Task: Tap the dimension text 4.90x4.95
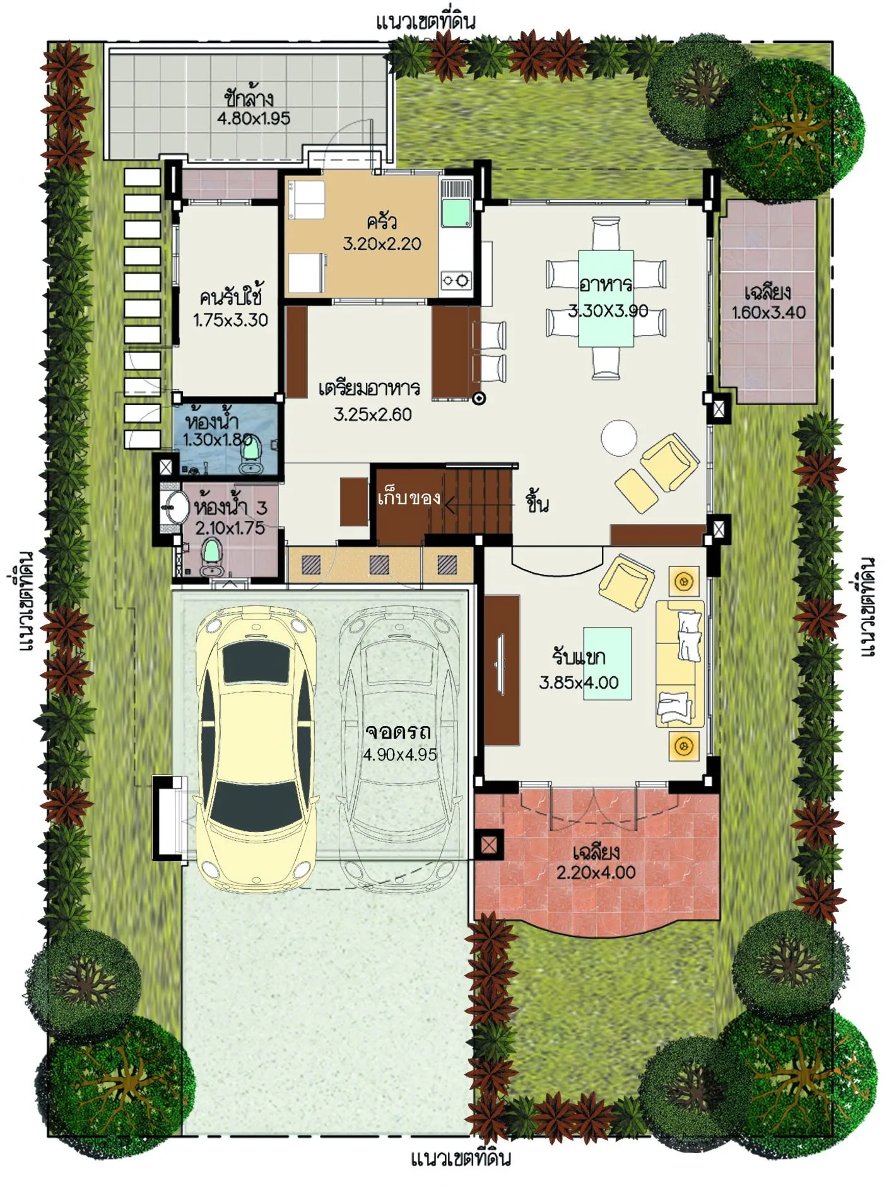click(400, 754)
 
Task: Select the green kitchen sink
click(456, 213)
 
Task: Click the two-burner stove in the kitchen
click(456, 279)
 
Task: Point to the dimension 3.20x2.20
click(382, 243)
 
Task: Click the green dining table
click(606, 298)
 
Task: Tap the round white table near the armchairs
click(618, 438)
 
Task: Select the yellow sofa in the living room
click(679, 664)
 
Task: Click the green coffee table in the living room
click(607, 664)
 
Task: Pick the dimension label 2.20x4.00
click(596, 872)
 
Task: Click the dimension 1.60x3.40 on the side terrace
click(768, 312)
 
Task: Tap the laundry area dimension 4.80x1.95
click(254, 119)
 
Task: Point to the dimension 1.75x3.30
click(230, 320)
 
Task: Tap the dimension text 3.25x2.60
click(372, 414)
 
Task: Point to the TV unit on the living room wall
click(502, 670)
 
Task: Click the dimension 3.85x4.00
click(579, 682)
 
